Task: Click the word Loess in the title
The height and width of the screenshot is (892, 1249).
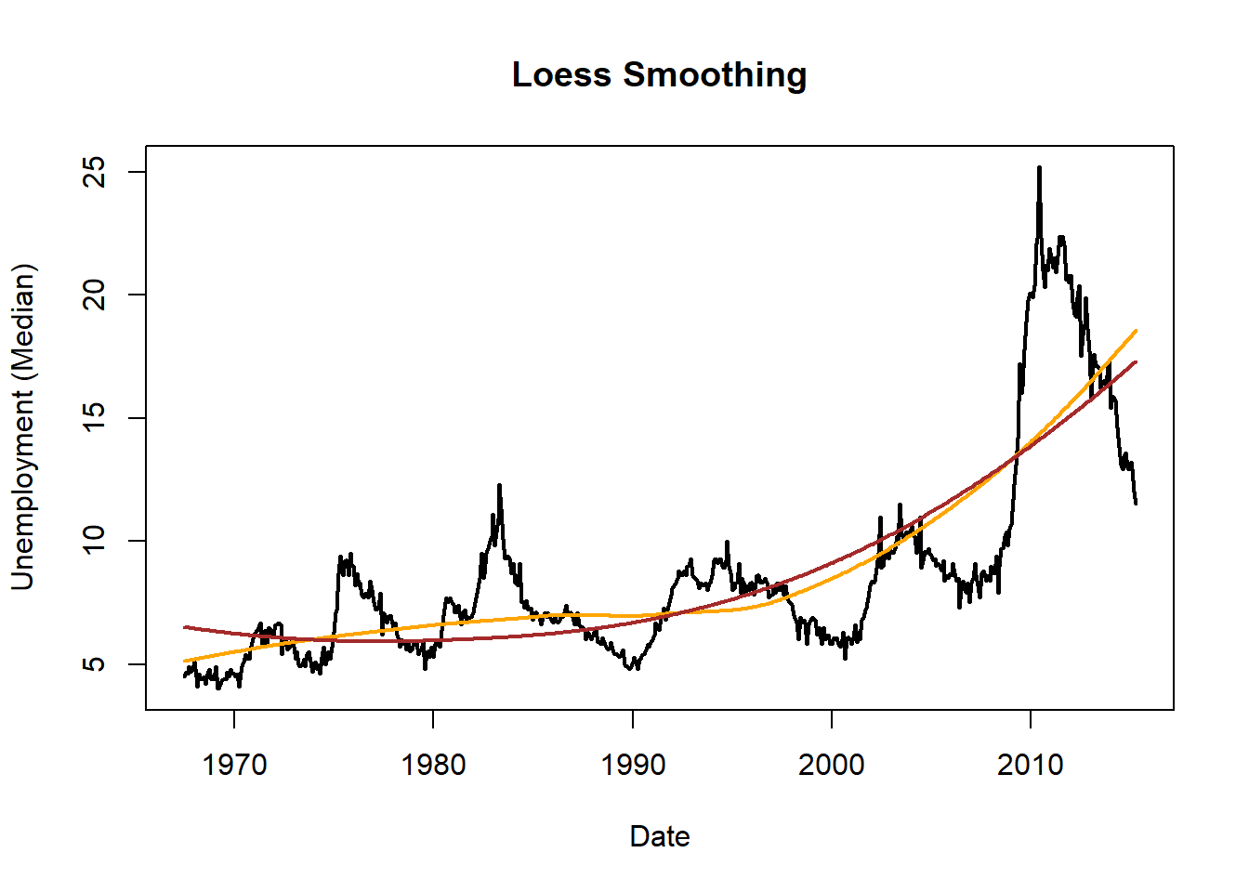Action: coord(563,75)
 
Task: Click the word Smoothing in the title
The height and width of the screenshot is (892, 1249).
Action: coord(715,75)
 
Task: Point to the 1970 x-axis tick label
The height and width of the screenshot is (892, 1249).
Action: coord(234,766)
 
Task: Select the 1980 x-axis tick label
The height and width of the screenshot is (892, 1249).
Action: coord(433,766)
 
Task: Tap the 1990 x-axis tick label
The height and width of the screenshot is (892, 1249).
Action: coord(633,766)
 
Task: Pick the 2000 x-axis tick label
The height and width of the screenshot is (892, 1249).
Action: coord(832,766)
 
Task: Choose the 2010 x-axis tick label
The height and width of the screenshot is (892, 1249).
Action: coord(1031,766)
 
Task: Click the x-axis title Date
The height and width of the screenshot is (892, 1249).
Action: coord(660,836)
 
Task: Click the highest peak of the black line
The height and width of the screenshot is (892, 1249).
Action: coord(1039,168)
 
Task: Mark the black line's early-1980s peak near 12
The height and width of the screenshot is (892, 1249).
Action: coord(499,485)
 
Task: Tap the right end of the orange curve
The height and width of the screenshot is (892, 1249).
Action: coord(1136,331)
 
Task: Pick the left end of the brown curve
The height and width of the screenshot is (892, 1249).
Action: coord(185,627)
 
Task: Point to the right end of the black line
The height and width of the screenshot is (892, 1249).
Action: coord(1136,503)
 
